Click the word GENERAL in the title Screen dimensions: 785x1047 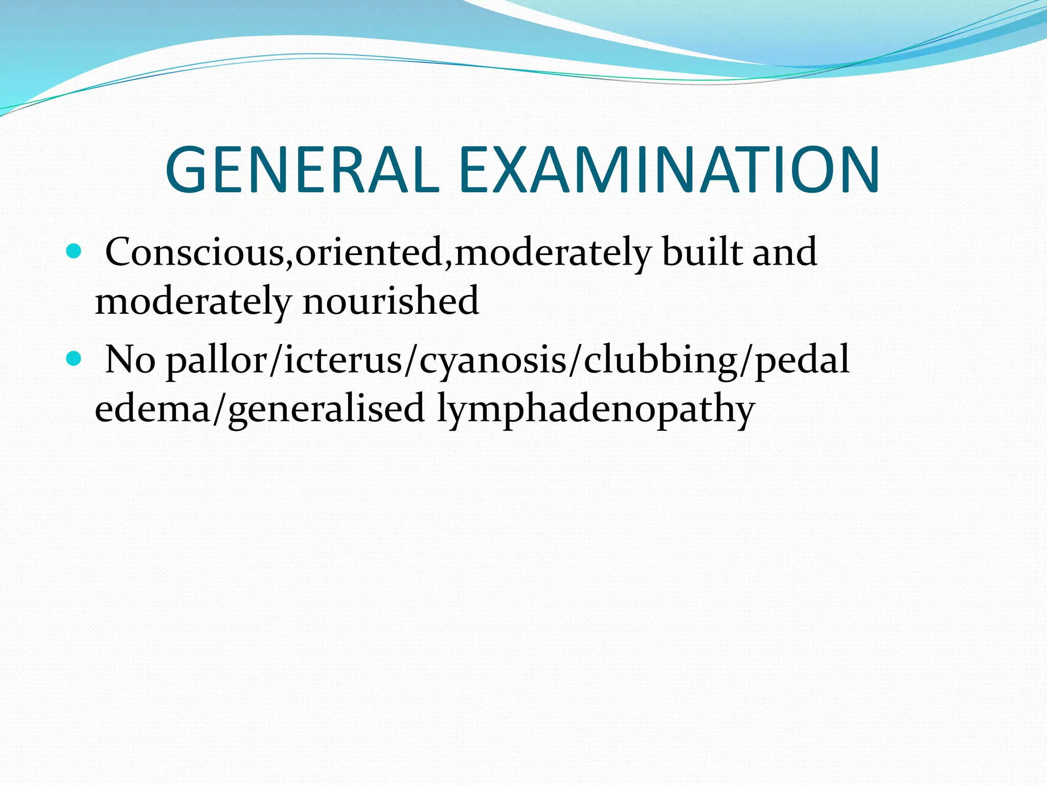(302, 170)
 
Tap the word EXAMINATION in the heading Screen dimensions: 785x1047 (669, 170)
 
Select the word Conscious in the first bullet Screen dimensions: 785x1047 (194, 252)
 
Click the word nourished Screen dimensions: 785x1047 (391, 301)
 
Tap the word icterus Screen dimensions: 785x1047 (343, 359)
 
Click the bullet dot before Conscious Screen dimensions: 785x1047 (74, 251)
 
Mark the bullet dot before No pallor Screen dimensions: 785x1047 (74, 359)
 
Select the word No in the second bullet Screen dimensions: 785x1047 (130, 359)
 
